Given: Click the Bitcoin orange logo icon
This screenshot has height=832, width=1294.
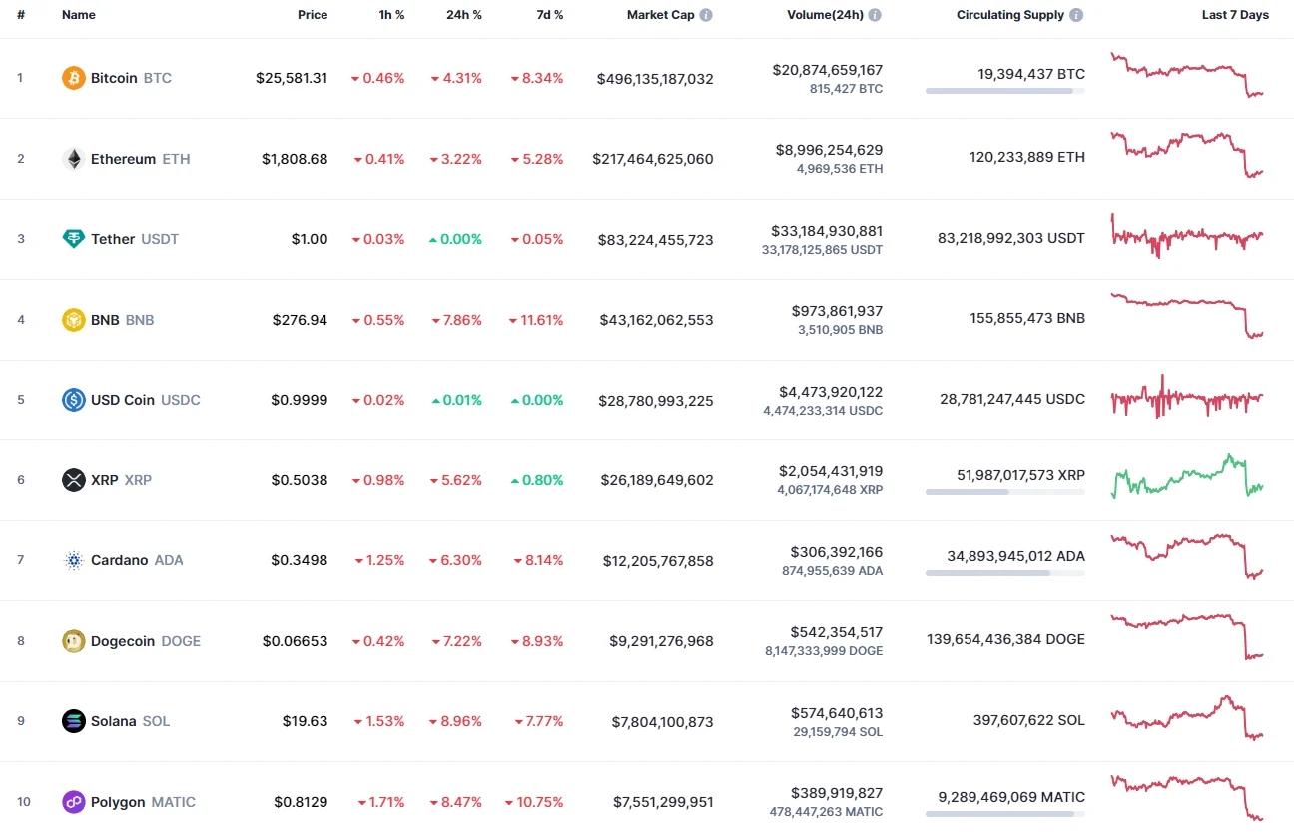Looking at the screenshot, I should (74, 78).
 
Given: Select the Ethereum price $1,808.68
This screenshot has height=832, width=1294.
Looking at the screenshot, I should (295, 159).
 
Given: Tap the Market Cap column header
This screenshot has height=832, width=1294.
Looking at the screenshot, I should (660, 15).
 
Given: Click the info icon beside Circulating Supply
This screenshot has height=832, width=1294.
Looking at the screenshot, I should (1075, 15).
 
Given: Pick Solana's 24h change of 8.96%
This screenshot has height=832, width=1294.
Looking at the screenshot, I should (461, 721).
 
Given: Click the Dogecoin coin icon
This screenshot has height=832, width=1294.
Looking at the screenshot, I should (74, 641).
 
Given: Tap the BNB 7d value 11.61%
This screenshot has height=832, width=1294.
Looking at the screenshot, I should (541, 320).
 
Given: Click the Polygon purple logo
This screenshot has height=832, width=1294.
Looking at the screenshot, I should (74, 802).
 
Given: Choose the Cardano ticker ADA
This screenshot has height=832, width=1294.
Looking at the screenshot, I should (169, 560).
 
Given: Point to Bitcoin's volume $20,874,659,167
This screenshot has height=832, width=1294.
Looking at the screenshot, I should (827, 70).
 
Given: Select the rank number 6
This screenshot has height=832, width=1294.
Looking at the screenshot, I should (21, 480).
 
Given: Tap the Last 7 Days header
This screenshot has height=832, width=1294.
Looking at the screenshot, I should (1235, 15).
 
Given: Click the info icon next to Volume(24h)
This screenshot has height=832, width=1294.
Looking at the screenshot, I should (875, 15).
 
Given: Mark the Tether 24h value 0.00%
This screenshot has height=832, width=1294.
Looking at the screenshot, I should (461, 239).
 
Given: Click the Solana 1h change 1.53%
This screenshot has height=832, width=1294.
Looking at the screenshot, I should (383, 721).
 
